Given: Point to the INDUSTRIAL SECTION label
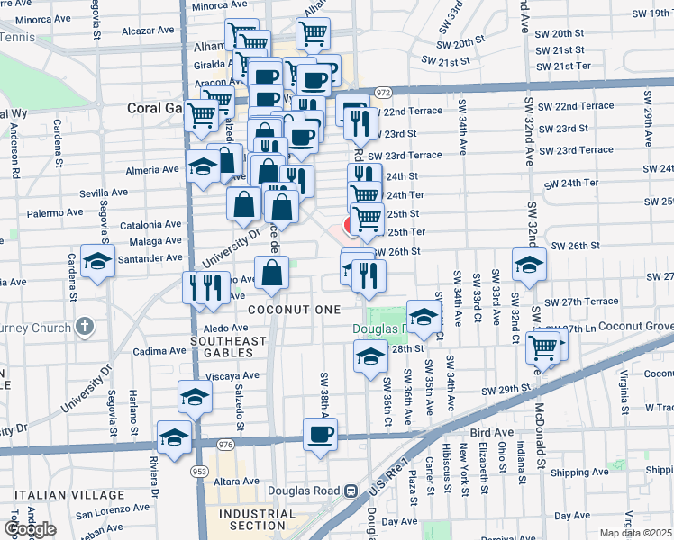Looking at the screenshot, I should pyautogui.click(x=257, y=519).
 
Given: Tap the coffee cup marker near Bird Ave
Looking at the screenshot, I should pyautogui.click(x=320, y=436).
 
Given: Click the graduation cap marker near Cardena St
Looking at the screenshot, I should pyautogui.click(x=97, y=261).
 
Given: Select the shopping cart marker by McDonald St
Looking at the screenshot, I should pyautogui.click(x=543, y=346).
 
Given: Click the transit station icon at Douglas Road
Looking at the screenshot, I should pyautogui.click(x=351, y=491).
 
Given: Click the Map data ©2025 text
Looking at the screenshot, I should pyautogui.click(x=636, y=533).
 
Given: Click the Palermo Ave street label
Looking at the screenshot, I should pyautogui.click(x=55, y=214).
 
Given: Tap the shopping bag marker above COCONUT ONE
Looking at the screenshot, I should pyautogui.click(x=271, y=273).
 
